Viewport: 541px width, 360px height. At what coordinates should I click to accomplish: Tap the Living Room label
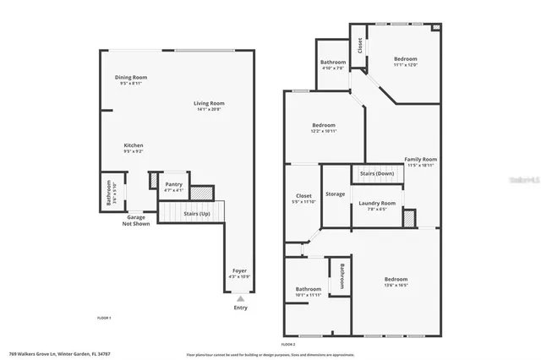pos(208,103)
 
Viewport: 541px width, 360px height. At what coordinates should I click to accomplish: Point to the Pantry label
pos(174,183)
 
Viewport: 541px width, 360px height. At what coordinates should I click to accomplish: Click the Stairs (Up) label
pos(198,214)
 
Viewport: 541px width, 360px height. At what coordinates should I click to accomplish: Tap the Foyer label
pos(240,270)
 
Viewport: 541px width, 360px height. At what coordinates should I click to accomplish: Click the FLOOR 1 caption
pos(105,316)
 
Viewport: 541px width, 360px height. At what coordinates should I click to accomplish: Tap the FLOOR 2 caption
pos(288,344)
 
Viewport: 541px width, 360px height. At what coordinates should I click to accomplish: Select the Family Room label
pos(420,160)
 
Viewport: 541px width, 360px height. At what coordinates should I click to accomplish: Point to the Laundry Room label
pos(376,203)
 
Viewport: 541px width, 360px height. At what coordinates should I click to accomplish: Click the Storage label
pos(336,194)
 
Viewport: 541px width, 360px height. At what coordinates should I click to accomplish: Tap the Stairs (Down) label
pos(376,173)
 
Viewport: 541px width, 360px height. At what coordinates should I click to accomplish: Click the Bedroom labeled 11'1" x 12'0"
pos(405,59)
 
